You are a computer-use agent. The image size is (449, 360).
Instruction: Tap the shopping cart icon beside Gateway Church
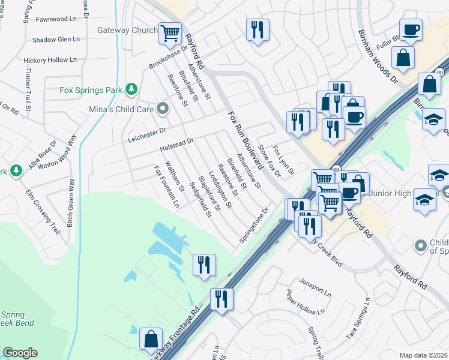[170, 32]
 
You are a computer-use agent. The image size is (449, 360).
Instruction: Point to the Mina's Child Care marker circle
[161, 109]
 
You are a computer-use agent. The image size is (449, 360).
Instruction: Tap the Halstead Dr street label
[176, 145]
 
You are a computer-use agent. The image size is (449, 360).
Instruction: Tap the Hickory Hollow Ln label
[50, 60]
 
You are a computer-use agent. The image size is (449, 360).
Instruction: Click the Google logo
[20, 353]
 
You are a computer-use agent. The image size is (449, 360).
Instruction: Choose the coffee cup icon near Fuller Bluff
[411, 30]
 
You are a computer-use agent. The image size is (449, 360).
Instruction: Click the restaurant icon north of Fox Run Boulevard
[258, 30]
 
